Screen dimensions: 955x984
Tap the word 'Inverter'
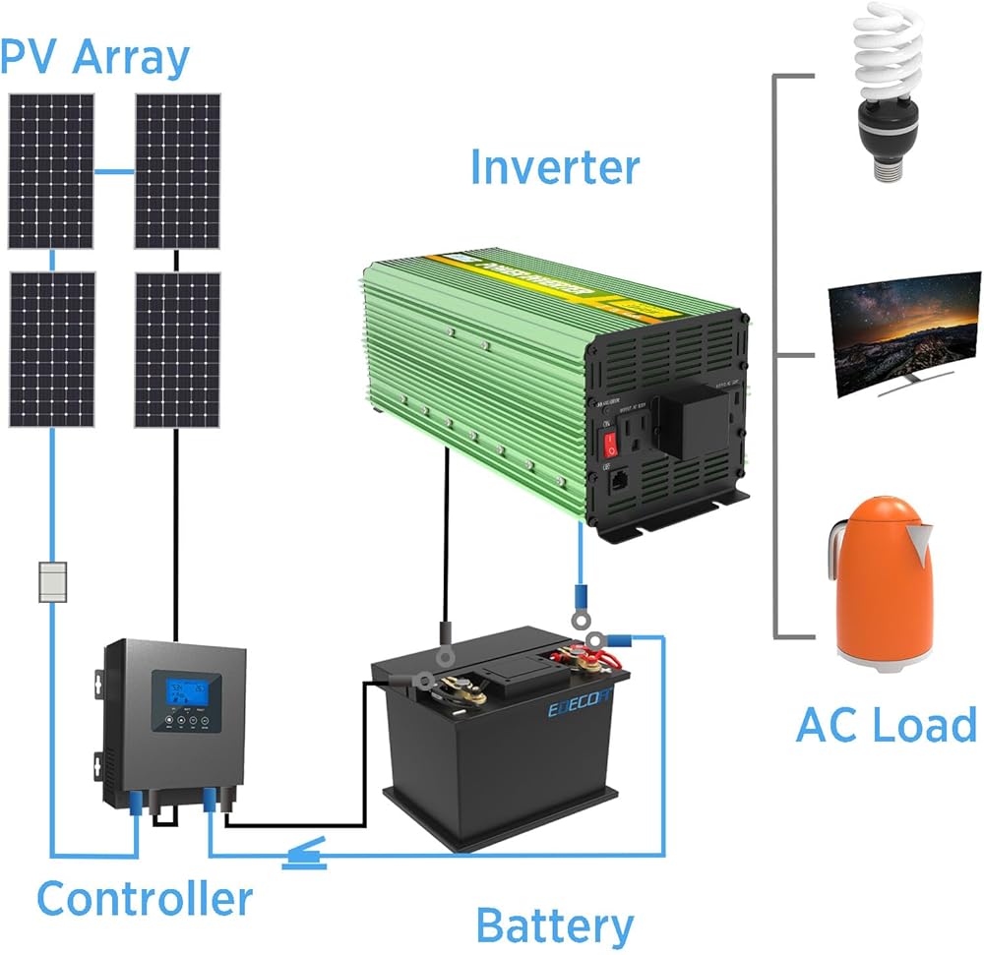[x=554, y=167]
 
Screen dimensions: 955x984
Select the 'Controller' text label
[x=145, y=899]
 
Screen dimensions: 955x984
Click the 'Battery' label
[x=554, y=925]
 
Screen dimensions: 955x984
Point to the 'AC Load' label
[x=886, y=726]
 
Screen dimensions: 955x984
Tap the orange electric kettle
[x=881, y=586]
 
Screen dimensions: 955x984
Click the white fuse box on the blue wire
[x=51, y=581]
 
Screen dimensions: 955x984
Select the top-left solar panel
[x=51, y=172]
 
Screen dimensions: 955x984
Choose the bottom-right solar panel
[x=177, y=349]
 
